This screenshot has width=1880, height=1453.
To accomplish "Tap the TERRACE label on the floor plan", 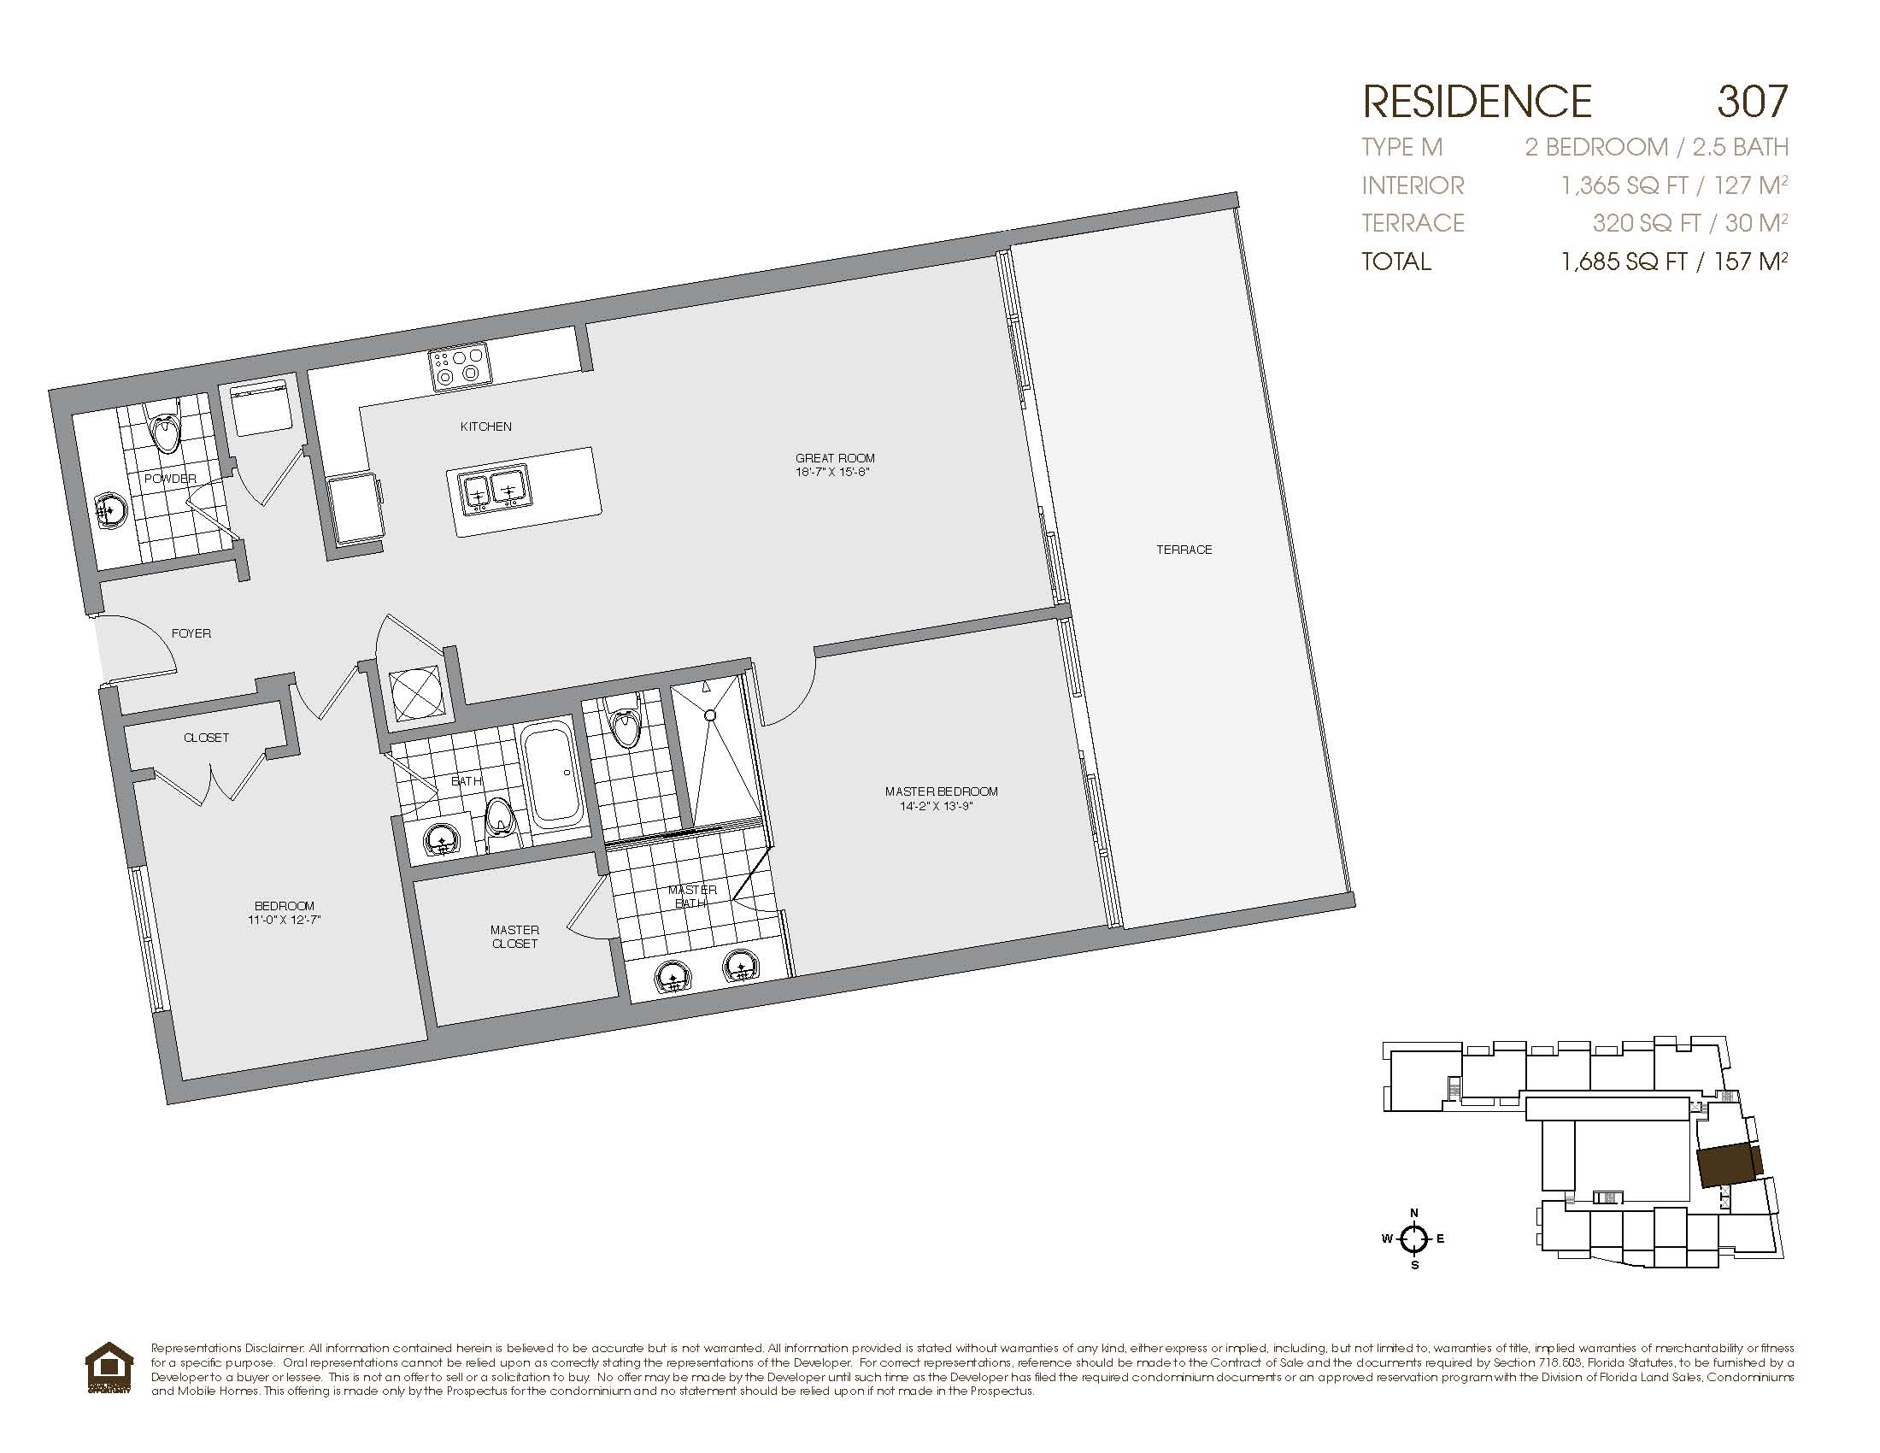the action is [x=1184, y=550].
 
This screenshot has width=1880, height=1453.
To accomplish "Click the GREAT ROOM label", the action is [x=835, y=458].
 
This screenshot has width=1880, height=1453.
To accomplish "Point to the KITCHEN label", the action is [x=485, y=426].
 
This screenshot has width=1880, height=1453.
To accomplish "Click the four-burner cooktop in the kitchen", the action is [x=459, y=366].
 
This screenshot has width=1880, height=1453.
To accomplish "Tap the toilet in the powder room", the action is [x=165, y=426].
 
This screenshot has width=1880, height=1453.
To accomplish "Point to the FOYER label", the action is [x=191, y=632].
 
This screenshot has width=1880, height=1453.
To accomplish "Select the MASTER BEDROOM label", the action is [x=941, y=791].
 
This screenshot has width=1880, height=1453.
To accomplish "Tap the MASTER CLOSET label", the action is [x=514, y=937].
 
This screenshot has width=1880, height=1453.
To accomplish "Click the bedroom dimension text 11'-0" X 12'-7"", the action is [x=284, y=920].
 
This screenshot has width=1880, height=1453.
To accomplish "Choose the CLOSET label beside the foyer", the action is [x=207, y=737].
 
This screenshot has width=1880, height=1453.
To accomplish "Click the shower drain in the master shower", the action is [x=711, y=715].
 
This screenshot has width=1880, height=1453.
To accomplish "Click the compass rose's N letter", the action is [x=1413, y=1214].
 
